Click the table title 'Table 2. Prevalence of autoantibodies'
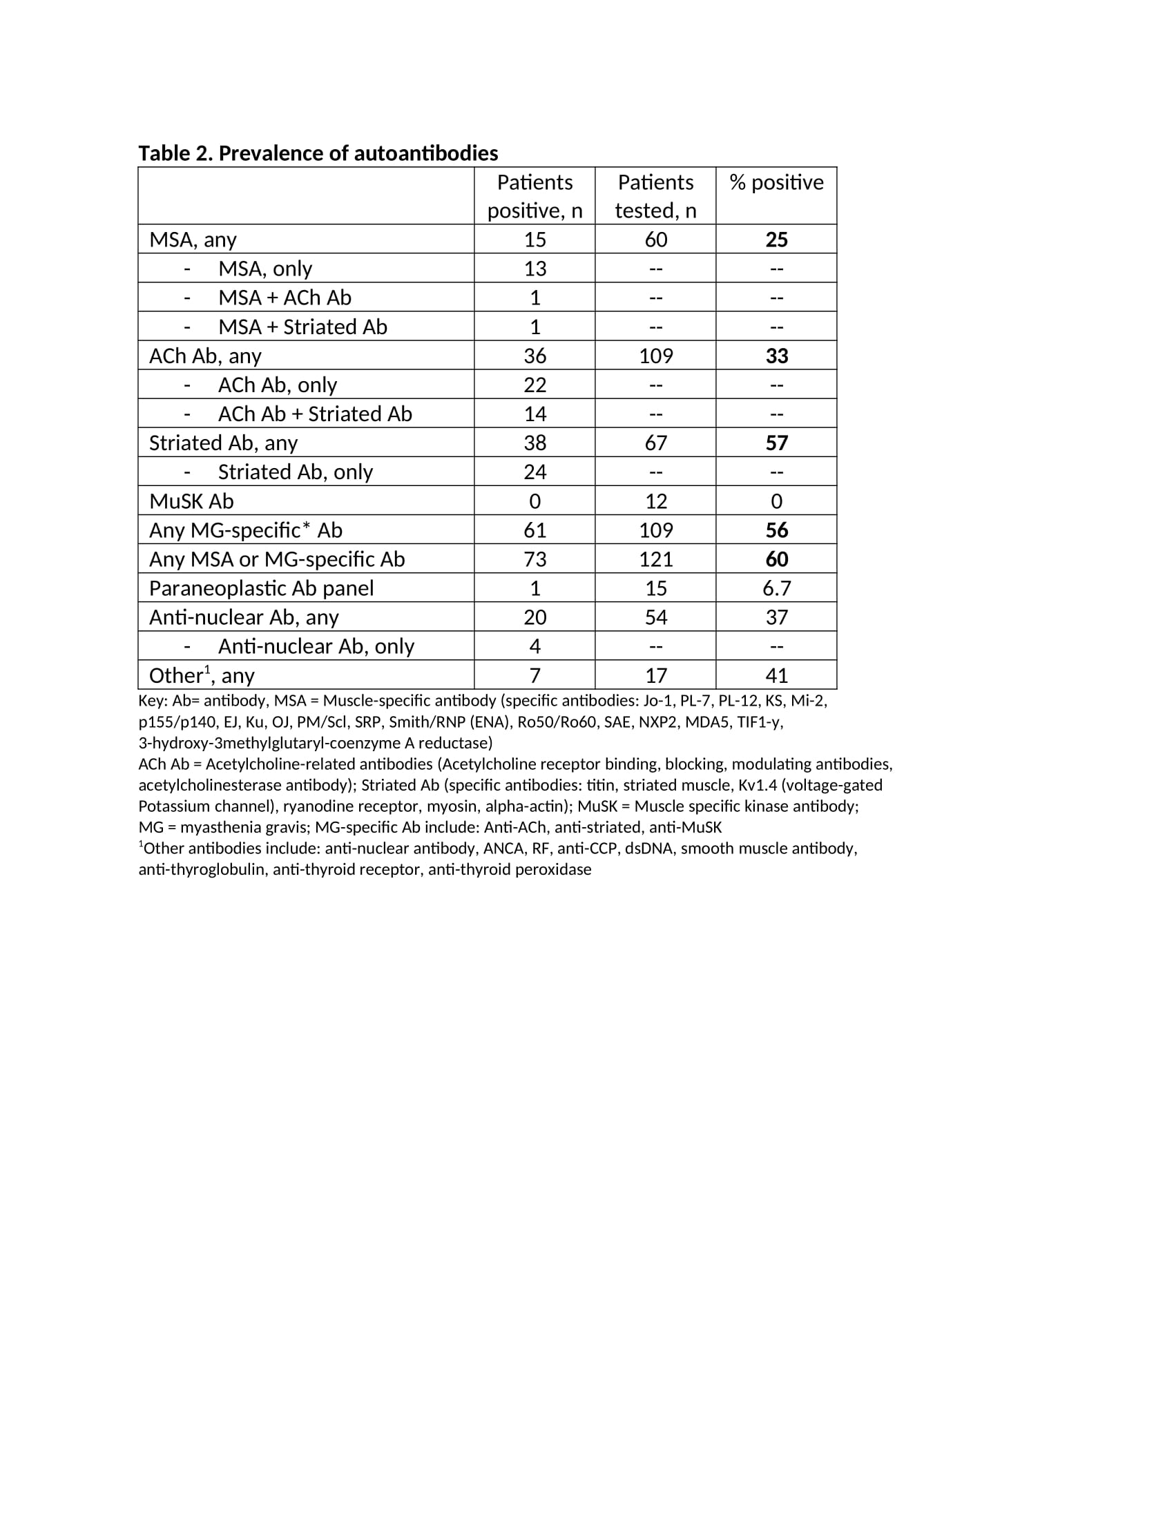(x=318, y=153)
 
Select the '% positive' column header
(x=776, y=182)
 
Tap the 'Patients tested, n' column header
(x=655, y=196)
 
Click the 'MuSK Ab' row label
(x=191, y=501)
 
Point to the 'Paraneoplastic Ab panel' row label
(x=262, y=588)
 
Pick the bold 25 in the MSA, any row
(x=776, y=240)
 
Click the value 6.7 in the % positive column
(x=776, y=588)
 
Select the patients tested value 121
(x=655, y=559)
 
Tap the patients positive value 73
(x=535, y=559)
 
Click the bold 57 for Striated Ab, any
(x=776, y=443)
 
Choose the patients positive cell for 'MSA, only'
(x=535, y=269)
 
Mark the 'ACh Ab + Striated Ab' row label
(x=315, y=414)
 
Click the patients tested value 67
(x=655, y=443)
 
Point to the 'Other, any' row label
(x=202, y=675)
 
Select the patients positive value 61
(x=535, y=531)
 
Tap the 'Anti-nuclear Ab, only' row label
(x=316, y=647)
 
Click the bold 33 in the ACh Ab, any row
(x=776, y=356)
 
